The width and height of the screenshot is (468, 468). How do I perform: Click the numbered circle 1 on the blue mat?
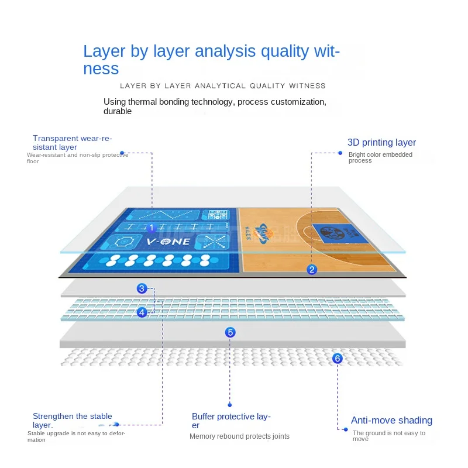click(x=151, y=228)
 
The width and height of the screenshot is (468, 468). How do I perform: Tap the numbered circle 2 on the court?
click(x=312, y=269)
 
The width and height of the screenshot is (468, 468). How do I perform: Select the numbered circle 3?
click(x=142, y=288)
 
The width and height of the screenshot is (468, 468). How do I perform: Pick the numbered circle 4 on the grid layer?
click(x=142, y=312)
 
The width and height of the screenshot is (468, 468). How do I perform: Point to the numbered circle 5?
click(x=230, y=332)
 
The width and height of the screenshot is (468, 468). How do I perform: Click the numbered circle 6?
click(x=337, y=358)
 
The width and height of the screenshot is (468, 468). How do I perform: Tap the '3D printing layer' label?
click(x=381, y=143)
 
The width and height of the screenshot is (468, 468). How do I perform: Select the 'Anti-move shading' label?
click(x=391, y=421)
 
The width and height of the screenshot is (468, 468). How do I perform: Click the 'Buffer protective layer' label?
click(x=231, y=421)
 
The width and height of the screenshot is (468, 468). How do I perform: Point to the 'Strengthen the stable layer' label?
click(x=72, y=421)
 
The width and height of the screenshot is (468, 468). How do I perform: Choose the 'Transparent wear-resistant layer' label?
click(x=72, y=143)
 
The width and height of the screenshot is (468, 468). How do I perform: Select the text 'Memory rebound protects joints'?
click(x=239, y=436)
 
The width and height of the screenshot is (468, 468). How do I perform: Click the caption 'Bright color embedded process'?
click(x=380, y=157)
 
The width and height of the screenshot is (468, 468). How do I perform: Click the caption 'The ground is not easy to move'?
click(x=388, y=436)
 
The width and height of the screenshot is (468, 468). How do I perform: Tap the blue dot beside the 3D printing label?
click(x=340, y=153)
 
